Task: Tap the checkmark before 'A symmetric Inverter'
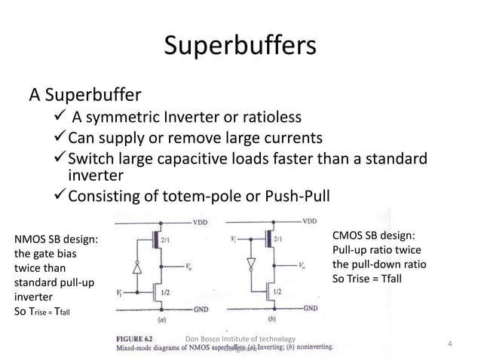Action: coord(61,118)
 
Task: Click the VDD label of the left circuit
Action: coord(199,222)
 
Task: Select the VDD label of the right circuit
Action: coord(310,221)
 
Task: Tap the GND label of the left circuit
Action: coord(199,309)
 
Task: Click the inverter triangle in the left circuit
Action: coord(136,267)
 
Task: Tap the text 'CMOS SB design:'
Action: coord(374,236)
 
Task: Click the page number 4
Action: coord(449,345)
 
